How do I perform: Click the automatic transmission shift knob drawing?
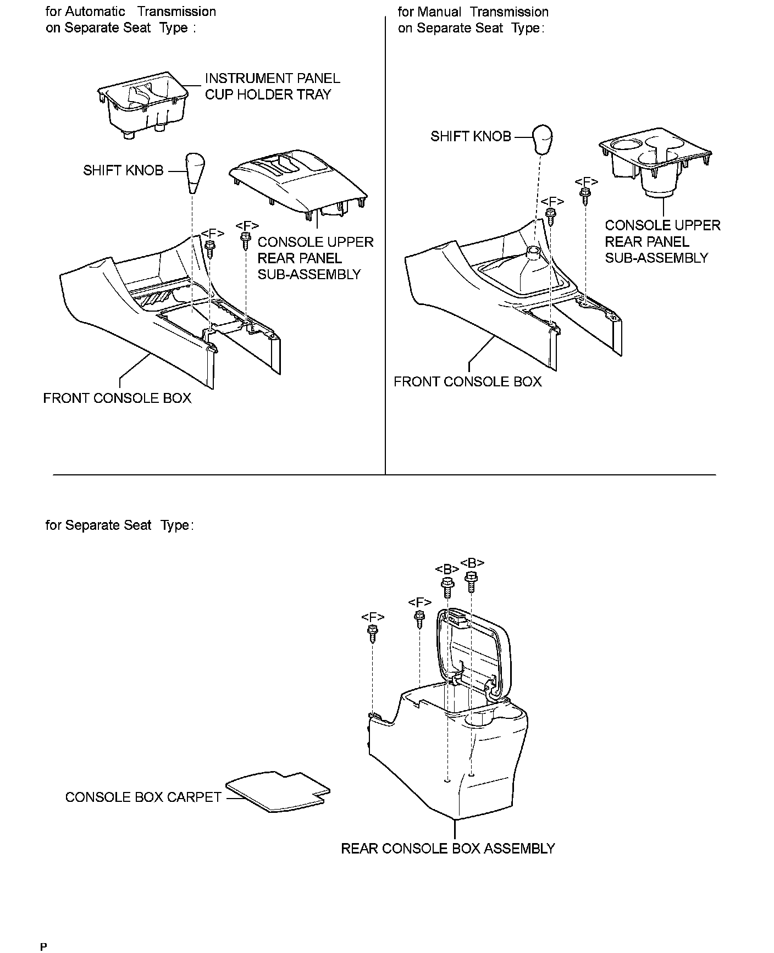coord(195,173)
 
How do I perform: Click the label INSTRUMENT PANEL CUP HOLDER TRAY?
coord(272,87)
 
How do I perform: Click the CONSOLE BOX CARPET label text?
coord(143,797)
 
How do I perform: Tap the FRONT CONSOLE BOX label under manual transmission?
coord(467,381)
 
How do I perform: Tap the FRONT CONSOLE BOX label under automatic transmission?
coord(117,398)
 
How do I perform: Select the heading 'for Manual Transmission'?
coord(473,12)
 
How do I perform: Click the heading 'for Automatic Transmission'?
coord(130,12)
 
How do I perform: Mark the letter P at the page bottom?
coord(44,946)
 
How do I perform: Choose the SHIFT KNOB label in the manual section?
coord(471,136)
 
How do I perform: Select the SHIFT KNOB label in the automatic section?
coord(123,170)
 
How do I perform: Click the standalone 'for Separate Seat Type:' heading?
coord(119,525)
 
